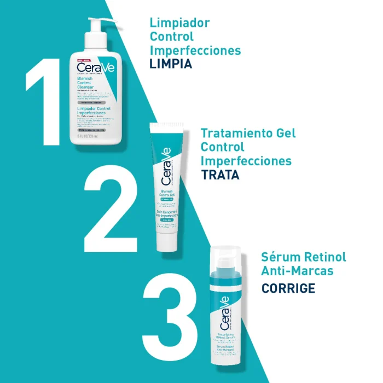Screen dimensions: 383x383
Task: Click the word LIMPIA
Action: coord(171,64)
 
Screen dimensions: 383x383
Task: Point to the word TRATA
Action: coord(220,175)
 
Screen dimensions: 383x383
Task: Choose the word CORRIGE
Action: coord(288,288)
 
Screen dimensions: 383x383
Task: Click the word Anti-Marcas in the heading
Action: coord(297,271)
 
